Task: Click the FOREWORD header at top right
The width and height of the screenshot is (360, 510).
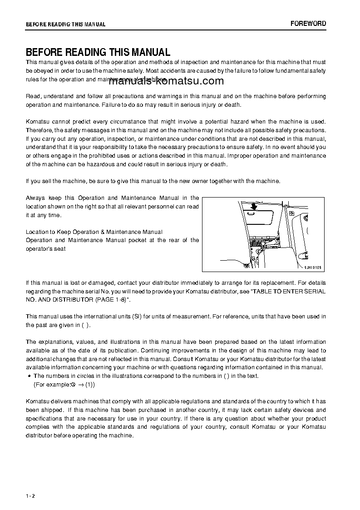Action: (x=308, y=24)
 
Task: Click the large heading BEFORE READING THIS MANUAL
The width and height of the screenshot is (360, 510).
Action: (x=98, y=52)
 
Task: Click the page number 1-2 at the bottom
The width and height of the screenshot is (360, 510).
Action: (x=30, y=495)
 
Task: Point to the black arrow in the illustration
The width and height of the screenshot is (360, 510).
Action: (x=254, y=207)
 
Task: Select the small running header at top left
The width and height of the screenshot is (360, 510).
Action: (x=65, y=25)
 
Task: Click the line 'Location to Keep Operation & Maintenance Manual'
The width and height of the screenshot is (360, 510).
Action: (x=94, y=232)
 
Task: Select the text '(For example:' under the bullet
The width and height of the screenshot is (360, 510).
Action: (x=51, y=384)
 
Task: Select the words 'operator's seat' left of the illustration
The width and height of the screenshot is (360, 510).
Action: (x=46, y=248)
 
